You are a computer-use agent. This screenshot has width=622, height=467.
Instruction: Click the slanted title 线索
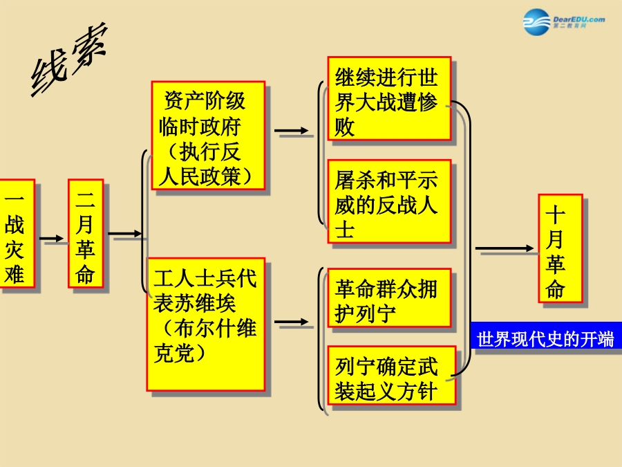pos(69,59)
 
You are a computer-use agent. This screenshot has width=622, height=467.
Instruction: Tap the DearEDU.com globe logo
pos(536,22)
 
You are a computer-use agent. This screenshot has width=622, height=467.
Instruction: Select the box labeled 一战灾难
pos(16,234)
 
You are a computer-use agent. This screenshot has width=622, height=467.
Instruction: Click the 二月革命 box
pos(86,234)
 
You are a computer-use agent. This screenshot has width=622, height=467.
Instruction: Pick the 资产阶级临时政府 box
pos(208,136)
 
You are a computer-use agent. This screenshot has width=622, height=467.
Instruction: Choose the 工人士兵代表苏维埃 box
pos(206,324)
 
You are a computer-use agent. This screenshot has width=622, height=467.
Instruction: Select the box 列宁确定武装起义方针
pos(392,375)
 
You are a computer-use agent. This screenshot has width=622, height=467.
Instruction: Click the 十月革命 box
pos(560,248)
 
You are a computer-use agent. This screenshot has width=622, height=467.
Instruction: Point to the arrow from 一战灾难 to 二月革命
pos(52,238)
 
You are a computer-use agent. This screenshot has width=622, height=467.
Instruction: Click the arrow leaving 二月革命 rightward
pos(125,234)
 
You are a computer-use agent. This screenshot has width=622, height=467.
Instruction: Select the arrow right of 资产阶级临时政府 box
pos(291,130)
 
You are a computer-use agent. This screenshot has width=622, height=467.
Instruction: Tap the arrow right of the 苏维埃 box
pos(291,322)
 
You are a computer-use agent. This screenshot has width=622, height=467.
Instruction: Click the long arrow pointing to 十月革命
pos(505,248)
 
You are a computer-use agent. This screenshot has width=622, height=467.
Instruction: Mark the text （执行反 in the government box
pos(203,152)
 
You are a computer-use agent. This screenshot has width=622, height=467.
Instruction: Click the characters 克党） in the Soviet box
pos(179,353)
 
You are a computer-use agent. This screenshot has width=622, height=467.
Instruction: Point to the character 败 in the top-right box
pos(345,127)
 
